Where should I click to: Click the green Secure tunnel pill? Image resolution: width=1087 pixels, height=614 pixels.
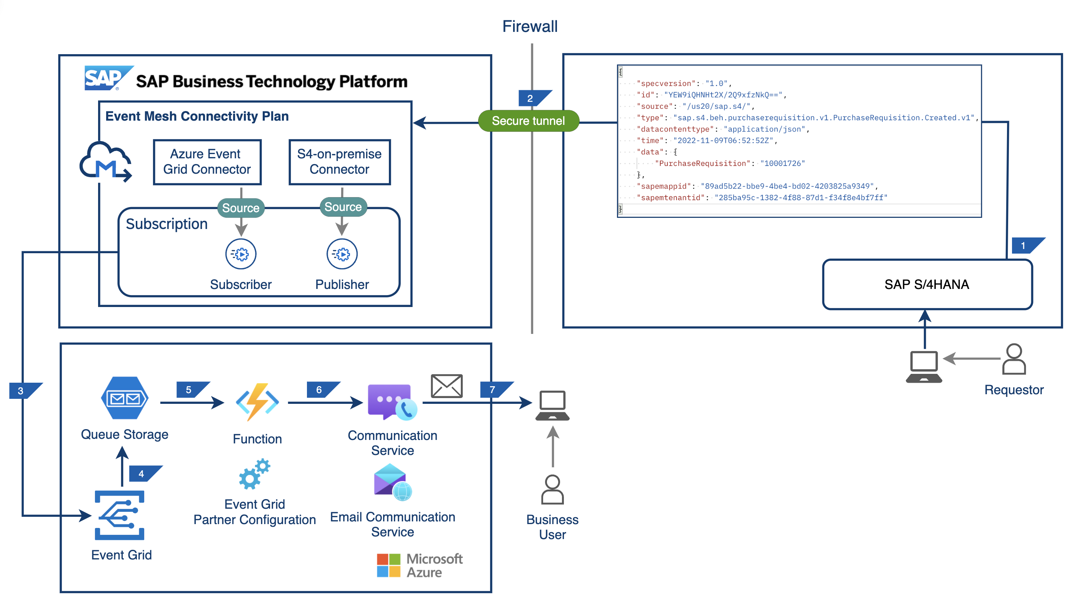click(x=528, y=121)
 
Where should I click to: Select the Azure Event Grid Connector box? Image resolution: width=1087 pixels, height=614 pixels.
click(x=207, y=162)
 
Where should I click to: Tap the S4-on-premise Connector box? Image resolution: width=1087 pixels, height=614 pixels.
click(x=339, y=162)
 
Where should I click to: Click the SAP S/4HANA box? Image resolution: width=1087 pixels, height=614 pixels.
click(x=927, y=285)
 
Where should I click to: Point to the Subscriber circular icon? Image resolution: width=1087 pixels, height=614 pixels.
click(x=241, y=254)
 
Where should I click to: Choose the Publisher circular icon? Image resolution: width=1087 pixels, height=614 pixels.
click(x=342, y=254)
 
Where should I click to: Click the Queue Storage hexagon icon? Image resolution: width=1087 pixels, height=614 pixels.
click(x=125, y=398)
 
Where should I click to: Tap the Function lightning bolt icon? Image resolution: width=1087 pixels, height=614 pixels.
click(x=257, y=402)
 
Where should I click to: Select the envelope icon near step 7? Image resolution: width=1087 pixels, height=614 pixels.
click(x=447, y=386)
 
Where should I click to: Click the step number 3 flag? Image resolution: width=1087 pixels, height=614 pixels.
click(x=21, y=391)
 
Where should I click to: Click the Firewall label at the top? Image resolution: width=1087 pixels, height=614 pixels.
click(x=530, y=27)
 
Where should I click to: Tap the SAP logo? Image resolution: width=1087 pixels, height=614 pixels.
click(x=105, y=78)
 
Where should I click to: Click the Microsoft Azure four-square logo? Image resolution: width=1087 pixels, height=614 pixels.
click(x=388, y=566)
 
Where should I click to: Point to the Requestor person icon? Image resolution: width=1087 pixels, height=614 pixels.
click(x=1014, y=359)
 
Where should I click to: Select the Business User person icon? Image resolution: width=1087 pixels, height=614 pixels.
click(x=552, y=490)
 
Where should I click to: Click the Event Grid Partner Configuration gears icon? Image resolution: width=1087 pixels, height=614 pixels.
click(x=254, y=474)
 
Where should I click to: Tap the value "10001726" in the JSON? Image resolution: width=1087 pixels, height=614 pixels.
click(x=783, y=163)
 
